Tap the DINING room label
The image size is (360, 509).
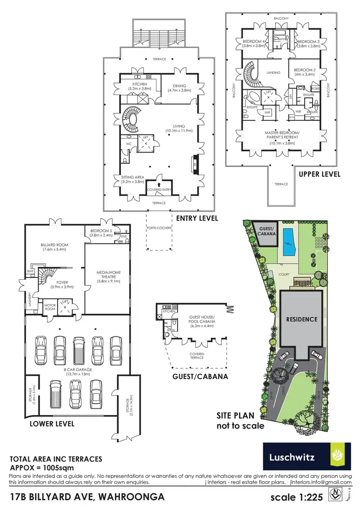coord(177,86)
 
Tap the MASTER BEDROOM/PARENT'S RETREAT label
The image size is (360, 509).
coord(282,134)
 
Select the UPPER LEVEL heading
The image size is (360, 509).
coord(319,174)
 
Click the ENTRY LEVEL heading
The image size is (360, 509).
coord(197,218)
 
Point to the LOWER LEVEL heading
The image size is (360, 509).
coord(52,424)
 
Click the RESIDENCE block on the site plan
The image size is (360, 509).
coord(302,319)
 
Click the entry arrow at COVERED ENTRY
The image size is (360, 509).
coord(159,178)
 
